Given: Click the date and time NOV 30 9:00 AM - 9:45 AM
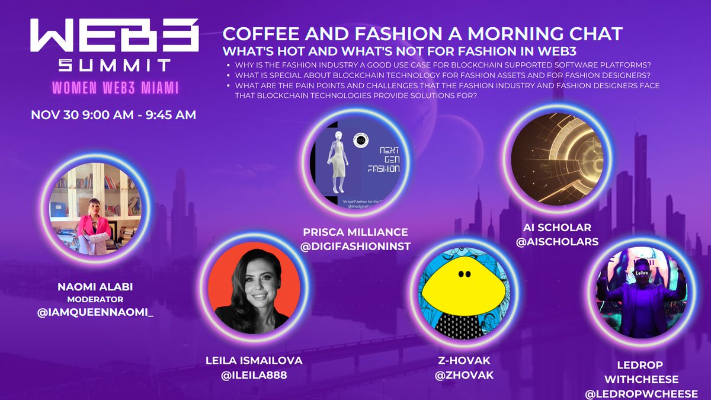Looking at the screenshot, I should [113, 115].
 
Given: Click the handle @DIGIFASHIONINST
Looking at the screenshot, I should [355, 245].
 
